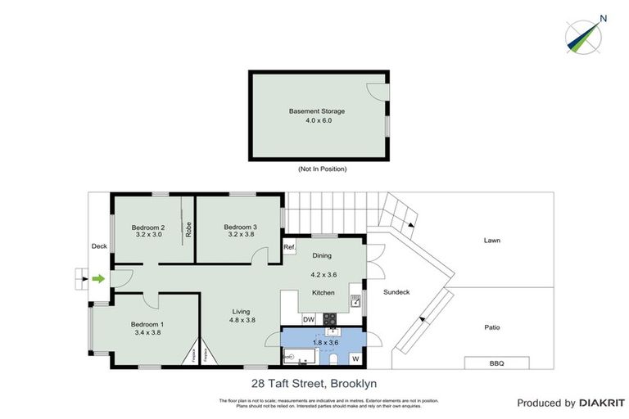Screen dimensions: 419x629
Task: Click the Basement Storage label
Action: click(x=316, y=110)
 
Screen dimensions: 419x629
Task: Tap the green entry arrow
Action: click(x=98, y=279)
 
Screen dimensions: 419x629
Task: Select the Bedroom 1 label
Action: click(x=148, y=324)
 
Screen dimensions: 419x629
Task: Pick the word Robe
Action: click(x=188, y=229)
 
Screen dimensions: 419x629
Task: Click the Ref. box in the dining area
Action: click(x=289, y=247)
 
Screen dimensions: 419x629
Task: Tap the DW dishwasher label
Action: click(x=309, y=319)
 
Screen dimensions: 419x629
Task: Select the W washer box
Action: click(x=356, y=358)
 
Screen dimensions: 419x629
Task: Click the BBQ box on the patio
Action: click(x=497, y=362)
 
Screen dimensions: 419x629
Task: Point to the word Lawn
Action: click(x=491, y=241)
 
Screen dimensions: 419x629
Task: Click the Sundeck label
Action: click(x=397, y=292)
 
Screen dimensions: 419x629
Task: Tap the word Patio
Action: click(x=491, y=328)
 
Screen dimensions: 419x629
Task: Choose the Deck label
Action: click(x=99, y=245)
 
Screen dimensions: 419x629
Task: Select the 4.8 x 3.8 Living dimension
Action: click(x=241, y=320)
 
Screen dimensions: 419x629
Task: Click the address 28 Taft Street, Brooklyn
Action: click(x=314, y=382)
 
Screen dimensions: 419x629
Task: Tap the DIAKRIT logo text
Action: click(x=602, y=403)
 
